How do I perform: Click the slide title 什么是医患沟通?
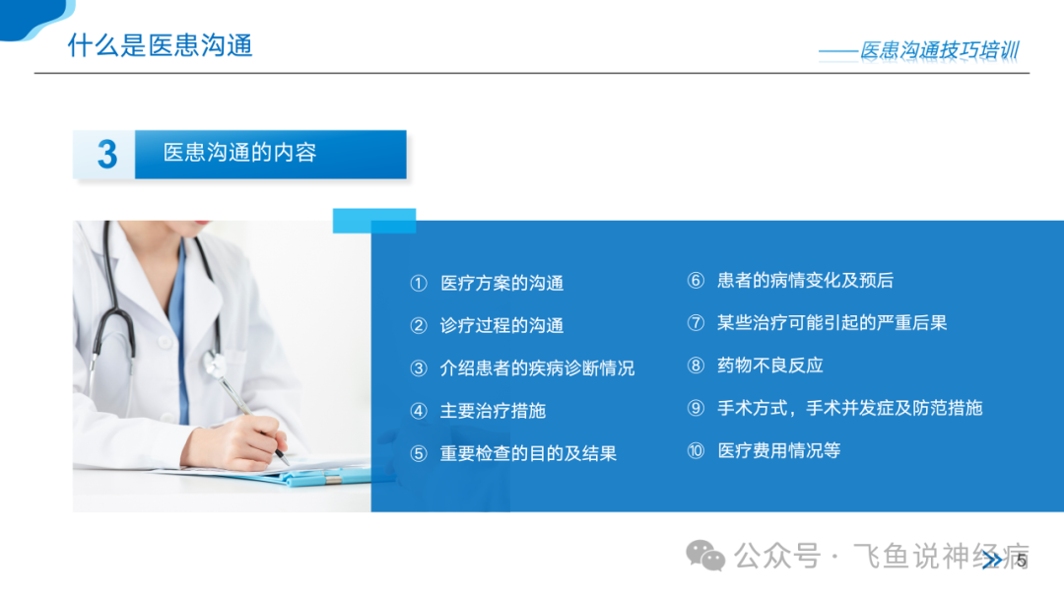click(161, 45)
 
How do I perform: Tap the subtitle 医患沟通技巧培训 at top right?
click(939, 50)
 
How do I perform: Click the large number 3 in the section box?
click(106, 155)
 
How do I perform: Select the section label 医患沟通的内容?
click(239, 153)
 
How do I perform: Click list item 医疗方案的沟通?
click(501, 283)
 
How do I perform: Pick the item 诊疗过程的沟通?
click(501, 326)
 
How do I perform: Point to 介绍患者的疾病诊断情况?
click(537, 368)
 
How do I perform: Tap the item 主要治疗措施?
click(493, 411)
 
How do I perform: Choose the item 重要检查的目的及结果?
click(528, 454)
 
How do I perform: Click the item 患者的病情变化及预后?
click(805, 280)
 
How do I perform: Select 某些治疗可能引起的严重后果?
click(831, 323)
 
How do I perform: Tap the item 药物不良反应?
click(769, 366)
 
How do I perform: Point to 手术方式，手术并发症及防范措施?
click(849, 408)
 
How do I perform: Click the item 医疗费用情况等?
click(778, 450)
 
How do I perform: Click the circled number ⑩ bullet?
click(696, 450)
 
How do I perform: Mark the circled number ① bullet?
click(419, 283)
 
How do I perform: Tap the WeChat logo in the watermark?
click(705, 556)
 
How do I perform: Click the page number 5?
click(1022, 561)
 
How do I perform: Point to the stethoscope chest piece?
click(216, 365)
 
